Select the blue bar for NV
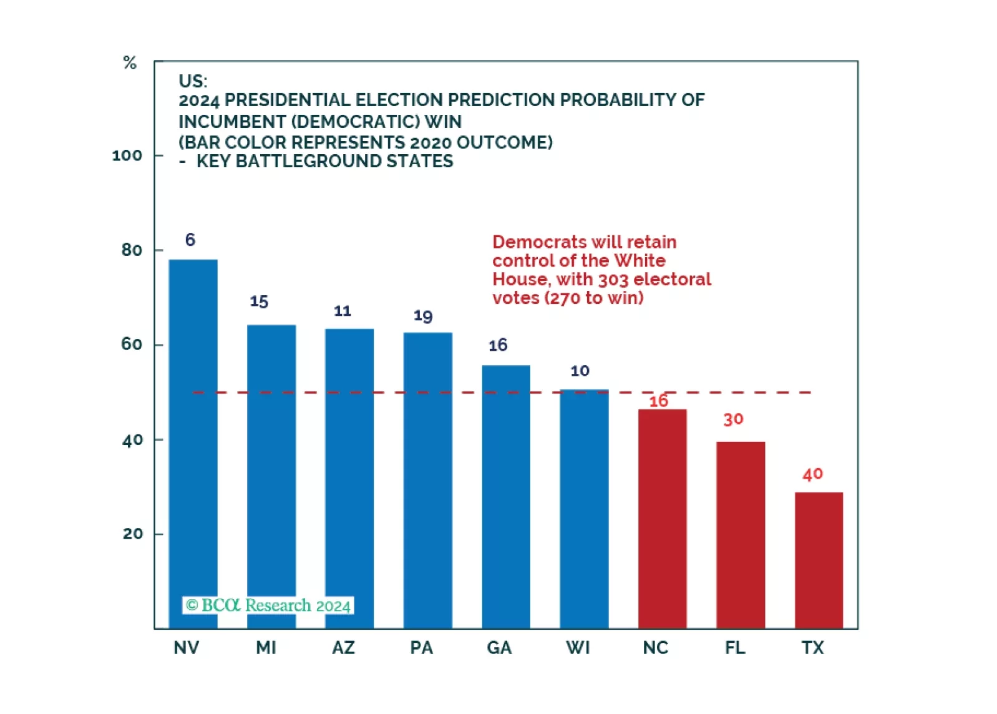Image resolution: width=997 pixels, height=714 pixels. coord(193,443)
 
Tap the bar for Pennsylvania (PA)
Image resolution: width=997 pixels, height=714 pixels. coord(427,480)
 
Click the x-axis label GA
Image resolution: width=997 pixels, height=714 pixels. coord(499,648)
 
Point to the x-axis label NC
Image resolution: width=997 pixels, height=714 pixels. coord(656,648)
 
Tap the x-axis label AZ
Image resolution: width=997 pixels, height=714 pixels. coord(343,648)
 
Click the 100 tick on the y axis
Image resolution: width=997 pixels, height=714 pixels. coord(127,155)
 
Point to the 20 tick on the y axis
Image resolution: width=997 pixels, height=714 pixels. coord(133,534)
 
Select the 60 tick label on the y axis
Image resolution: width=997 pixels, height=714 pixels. coord(132,345)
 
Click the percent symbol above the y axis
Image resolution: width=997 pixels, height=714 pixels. coord(130,62)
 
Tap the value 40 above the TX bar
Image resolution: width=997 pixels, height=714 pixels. coord(812,474)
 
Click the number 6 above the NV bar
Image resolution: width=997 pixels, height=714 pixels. coord(190,240)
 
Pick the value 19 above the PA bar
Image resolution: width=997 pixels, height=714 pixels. coord(423,316)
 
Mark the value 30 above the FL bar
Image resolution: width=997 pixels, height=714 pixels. coord(733,419)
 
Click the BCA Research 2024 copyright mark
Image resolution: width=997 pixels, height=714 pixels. coord(268,605)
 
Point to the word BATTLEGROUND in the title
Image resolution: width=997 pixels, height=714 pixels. coord(308,161)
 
